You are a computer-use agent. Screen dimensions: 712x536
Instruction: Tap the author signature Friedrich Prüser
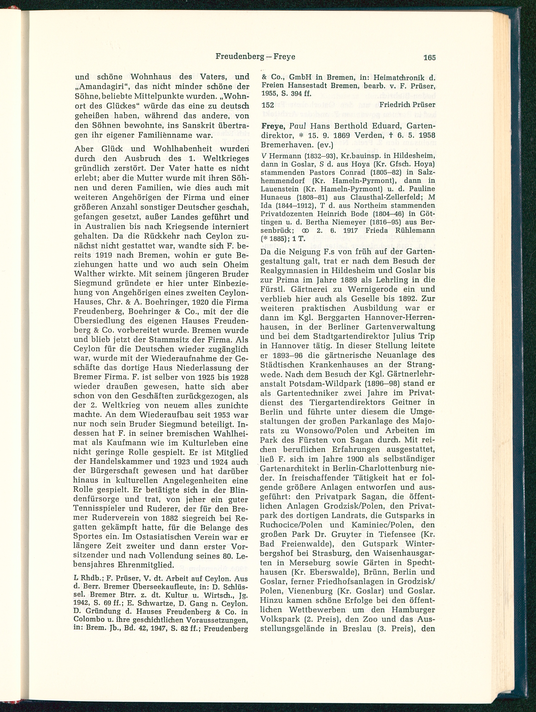click(407, 105)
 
